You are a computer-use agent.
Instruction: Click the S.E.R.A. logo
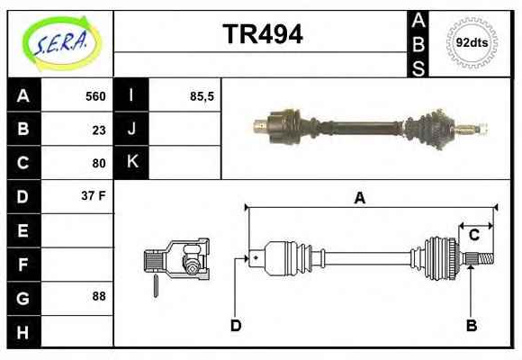pyautogui.click(x=61, y=44)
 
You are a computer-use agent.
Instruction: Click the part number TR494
pyautogui.click(x=263, y=34)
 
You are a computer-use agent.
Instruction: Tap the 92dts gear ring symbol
pyautogui.click(x=472, y=42)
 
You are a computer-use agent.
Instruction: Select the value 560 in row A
pyautogui.click(x=95, y=96)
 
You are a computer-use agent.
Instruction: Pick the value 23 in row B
pyautogui.click(x=99, y=130)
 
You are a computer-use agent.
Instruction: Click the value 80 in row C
pyautogui.click(x=99, y=163)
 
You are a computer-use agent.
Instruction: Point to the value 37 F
pyautogui.click(x=94, y=195)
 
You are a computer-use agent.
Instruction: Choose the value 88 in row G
pyautogui.click(x=99, y=296)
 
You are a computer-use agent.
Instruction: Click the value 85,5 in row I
pyautogui.click(x=202, y=96)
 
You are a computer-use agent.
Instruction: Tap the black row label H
pyautogui.click(x=23, y=332)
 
